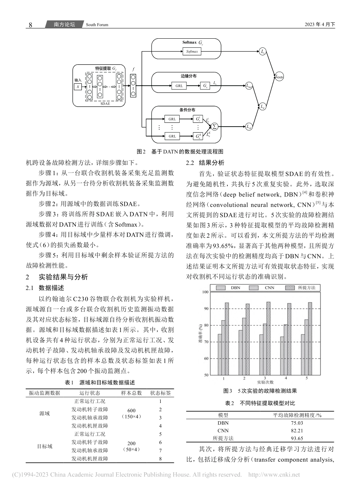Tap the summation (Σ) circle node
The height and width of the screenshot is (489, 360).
pos(214,127)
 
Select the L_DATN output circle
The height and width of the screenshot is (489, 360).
pos(279,77)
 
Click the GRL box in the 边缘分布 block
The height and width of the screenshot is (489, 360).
pos(179,86)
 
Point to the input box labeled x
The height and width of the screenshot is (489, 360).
pos(78,86)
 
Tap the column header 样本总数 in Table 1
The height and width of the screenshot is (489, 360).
pos(131,393)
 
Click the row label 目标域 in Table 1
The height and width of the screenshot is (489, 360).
pos(45,447)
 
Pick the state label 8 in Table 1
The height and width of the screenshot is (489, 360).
pos(160,459)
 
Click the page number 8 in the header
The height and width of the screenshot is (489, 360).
pos(31,25)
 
